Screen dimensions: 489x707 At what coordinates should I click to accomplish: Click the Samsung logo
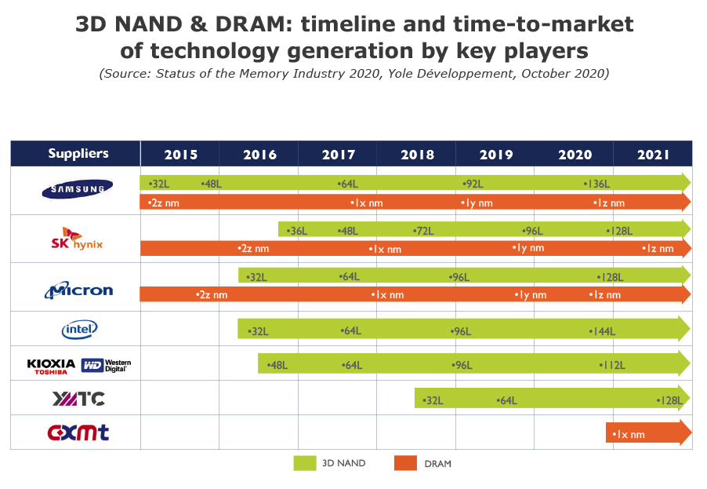click(x=77, y=188)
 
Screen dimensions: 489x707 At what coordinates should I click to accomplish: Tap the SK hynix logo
click(x=77, y=239)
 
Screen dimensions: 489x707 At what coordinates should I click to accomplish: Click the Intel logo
click(x=79, y=329)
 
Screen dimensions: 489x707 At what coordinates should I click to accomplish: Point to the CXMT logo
click(x=78, y=432)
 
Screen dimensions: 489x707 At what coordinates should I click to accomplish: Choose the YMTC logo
click(x=78, y=399)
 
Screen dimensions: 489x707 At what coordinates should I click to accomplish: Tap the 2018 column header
click(x=417, y=155)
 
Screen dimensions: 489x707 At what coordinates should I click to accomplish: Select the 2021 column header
click(x=653, y=155)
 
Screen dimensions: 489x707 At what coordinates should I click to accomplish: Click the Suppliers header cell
click(x=78, y=154)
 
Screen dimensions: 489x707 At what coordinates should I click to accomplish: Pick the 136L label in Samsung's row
click(x=597, y=184)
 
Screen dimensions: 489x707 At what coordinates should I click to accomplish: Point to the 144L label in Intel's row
click(x=602, y=331)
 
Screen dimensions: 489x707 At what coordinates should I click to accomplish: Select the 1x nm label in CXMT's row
click(x=629, y=434)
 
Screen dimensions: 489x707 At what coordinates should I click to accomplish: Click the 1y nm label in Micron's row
click(x=531, y=295)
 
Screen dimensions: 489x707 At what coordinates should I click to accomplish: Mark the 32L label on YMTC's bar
click(x=433, y=400)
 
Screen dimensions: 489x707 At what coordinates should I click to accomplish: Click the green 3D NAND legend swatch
click(x=304, y=463)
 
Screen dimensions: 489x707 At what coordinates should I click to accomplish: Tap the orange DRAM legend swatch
click(x=405, y=463)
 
